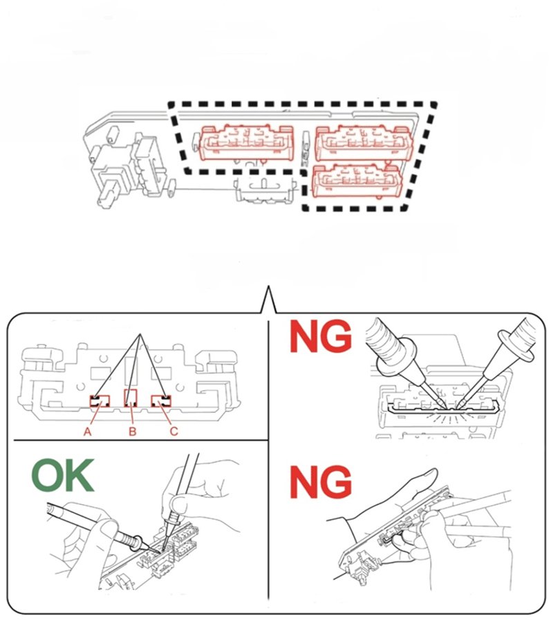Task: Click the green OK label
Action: pos(63,475)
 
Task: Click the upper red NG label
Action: pos(321,336)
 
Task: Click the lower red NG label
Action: pos(321,482)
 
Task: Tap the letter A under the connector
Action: pos(88,431)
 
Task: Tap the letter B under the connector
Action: pos(133,431)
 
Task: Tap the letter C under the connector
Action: pos(174,431)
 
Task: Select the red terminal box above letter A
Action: pos(100,401)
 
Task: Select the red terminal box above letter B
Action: pos(131,398)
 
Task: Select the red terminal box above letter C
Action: pos(160,401)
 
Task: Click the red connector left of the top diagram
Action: pos(246,143)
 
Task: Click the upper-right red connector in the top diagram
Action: pos(364,143)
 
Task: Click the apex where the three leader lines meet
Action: pos(139,334)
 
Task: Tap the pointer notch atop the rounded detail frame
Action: pos(268,300)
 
